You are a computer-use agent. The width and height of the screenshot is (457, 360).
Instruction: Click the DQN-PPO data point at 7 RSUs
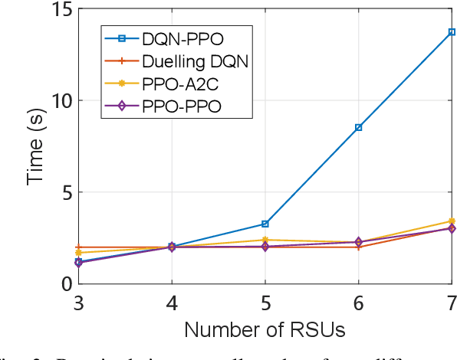[452, 32]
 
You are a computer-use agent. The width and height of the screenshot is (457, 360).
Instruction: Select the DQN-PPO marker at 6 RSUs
[359, 127]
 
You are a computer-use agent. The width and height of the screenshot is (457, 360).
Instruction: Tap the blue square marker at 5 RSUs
[265, 224]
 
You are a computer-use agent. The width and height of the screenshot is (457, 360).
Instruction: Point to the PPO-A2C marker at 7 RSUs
[452, 221]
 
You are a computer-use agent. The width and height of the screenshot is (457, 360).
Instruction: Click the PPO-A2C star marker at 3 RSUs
[79, 253]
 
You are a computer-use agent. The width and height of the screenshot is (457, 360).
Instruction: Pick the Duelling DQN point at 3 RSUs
[79, 247]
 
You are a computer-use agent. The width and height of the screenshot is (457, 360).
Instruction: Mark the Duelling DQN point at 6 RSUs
[359, 247]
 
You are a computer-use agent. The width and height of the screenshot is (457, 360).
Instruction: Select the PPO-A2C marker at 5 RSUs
[265, 240]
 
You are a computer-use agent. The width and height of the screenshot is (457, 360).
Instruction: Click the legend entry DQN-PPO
[180, 37]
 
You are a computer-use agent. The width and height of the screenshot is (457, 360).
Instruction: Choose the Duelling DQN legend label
[195, 60]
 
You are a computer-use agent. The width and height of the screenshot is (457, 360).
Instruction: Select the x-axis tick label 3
[79, 303]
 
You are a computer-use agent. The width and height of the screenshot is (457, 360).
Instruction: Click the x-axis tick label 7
[451, 303]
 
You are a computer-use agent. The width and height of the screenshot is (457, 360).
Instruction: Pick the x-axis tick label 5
[265, 303]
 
